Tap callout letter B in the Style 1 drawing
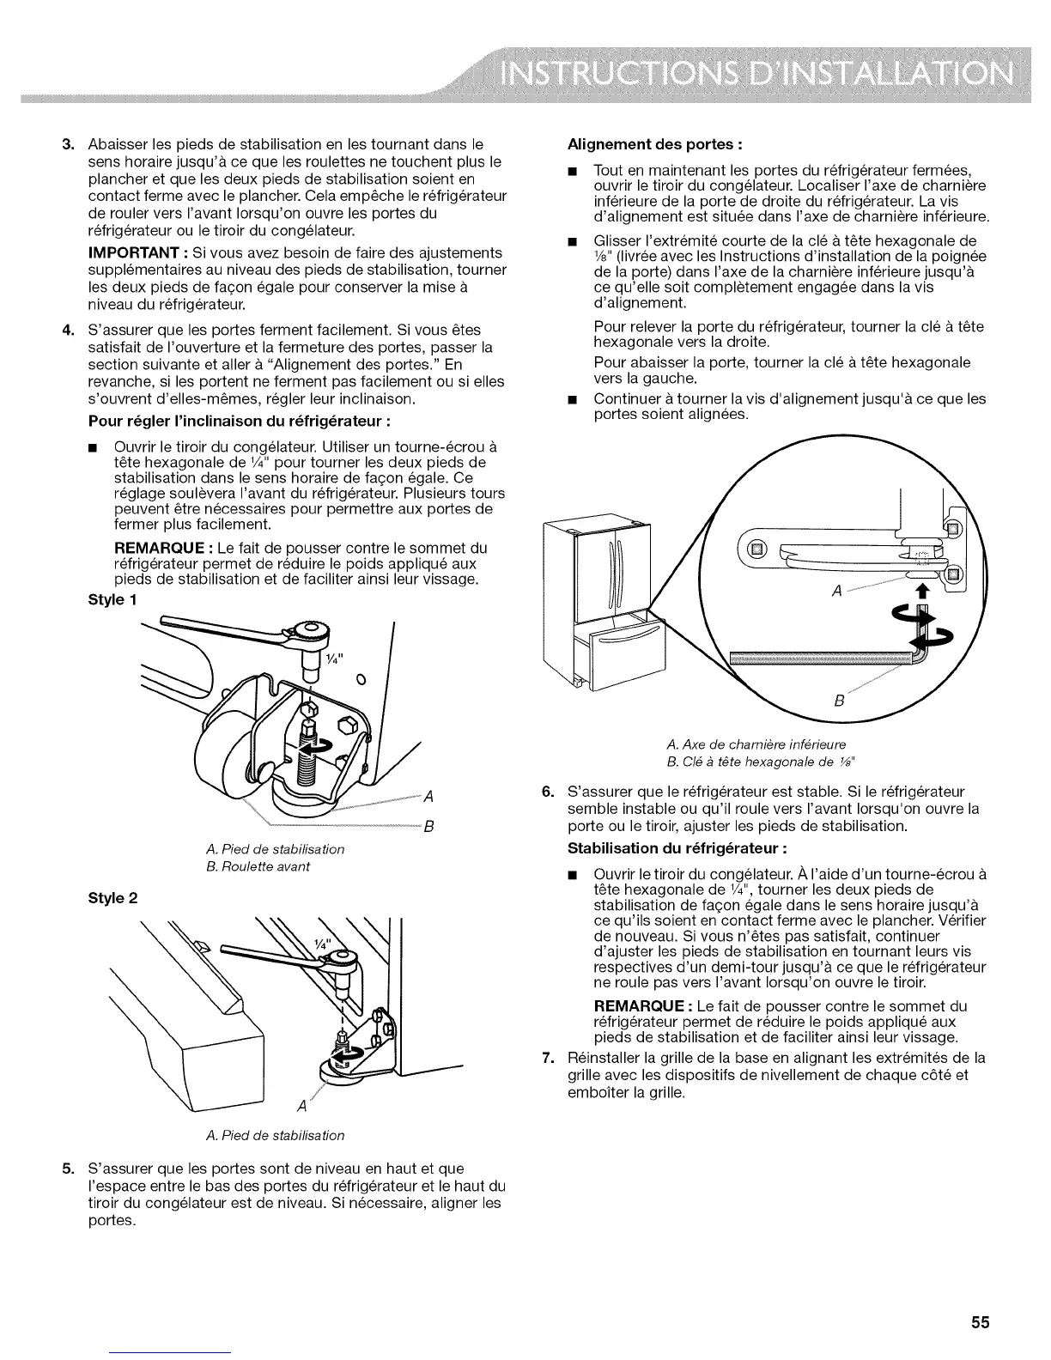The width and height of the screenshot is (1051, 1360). click(x=428, y=828)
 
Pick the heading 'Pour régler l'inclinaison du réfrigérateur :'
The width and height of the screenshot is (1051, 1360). click(x=228, y=421)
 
